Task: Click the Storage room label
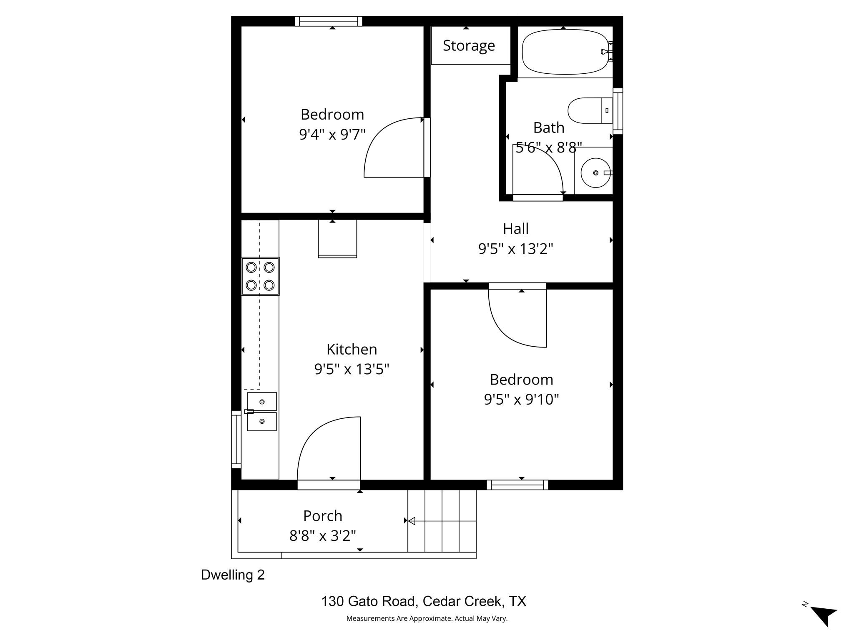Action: (x=469, y=45)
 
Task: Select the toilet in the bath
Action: (x=588, y=110)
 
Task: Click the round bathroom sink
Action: (x=595, y=172)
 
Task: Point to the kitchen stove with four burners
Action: (x=260, y=276)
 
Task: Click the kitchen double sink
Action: (x=262, y=411)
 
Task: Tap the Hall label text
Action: (x=515, y=229)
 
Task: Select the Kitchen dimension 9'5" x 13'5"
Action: (x=352, y=369)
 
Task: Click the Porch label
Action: (x=322, y=516)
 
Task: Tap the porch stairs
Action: (x=442, y=521)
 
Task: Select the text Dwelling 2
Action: (x=233, y=575)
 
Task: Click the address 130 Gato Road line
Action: (x=423, y=601)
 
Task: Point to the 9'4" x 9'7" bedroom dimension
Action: (x=332, y=135)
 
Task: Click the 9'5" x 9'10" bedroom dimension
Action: (x=521, y=400)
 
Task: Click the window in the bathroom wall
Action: (x=618, y=111)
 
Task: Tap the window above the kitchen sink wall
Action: (x=236, y=439)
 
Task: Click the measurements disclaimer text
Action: (x=427, y=619)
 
